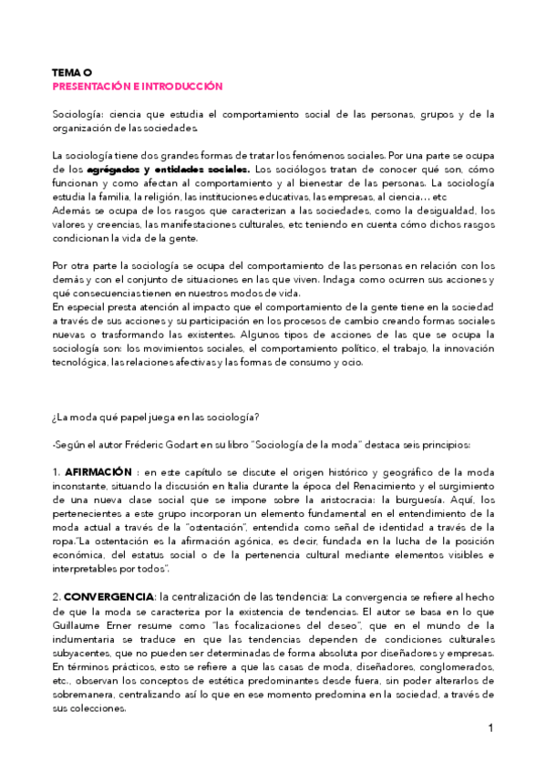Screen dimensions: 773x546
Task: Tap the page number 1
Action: tap(490, 728)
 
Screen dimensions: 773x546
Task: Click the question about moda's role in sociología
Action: tap(156, 417)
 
